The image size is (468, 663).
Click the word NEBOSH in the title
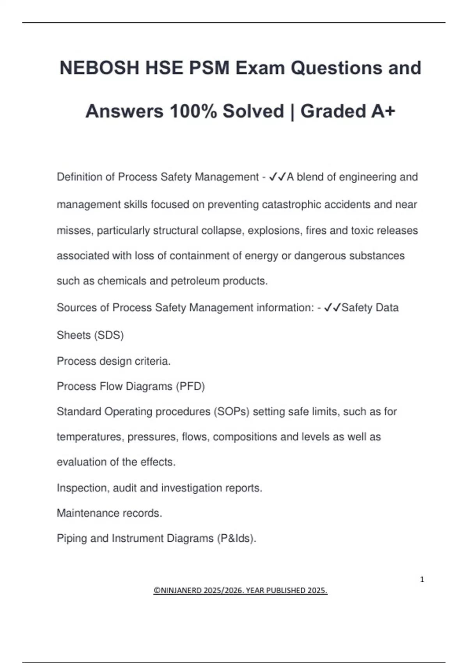coord(99,68)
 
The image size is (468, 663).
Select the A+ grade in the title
coord(383,111)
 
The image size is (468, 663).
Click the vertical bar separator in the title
coord(292,111)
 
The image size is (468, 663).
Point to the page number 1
coord(422,580)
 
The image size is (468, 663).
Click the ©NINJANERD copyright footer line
coord(240,590)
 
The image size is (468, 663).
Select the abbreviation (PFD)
coord(190,386)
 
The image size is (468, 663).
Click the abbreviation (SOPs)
coord(231,412)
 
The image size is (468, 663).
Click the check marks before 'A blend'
coord(277,177)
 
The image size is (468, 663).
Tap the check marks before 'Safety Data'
coord(332,308)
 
